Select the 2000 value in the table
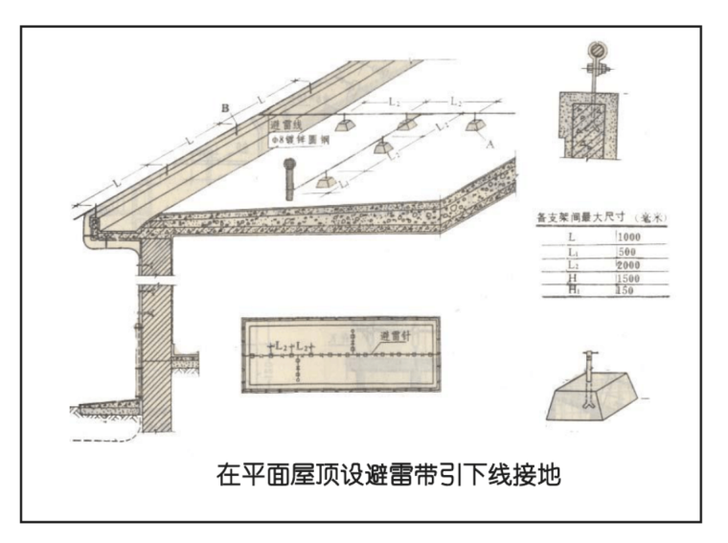coord(626,263)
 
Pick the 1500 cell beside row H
coord(626,278)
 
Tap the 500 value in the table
coord(626,250)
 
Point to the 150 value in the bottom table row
coord(625,290)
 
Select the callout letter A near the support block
coord(490,145)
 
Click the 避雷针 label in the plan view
coord(396,336)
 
